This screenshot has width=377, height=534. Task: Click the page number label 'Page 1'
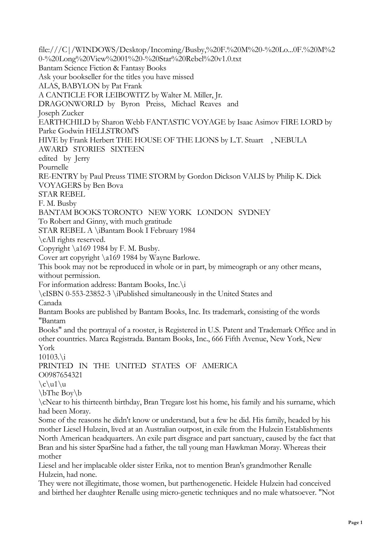click(x=355, y=523)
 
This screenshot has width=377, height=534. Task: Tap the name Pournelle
click(x=54, y=167)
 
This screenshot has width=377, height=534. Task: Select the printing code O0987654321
click(x=60, y=375)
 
